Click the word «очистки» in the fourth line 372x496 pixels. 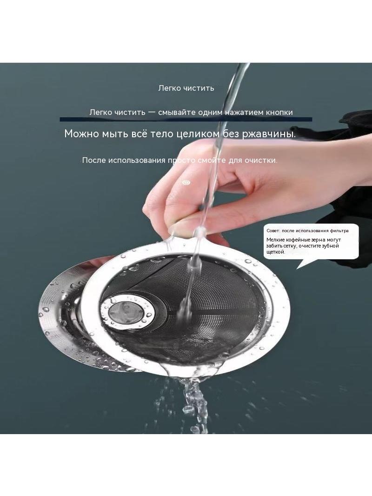261,161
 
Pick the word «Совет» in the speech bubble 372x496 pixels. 273,231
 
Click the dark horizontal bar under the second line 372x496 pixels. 186,119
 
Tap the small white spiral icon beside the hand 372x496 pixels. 187,182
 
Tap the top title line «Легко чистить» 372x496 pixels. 186,88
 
